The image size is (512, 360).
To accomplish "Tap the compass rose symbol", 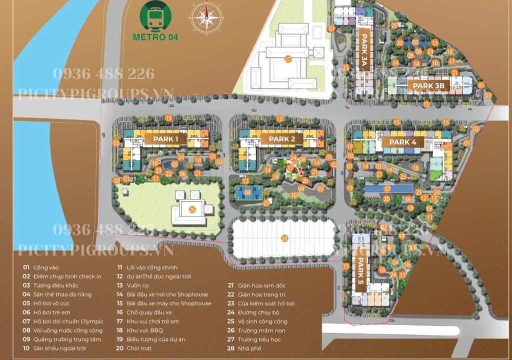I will click(205, 16).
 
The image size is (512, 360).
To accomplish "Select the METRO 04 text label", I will click(155, 36).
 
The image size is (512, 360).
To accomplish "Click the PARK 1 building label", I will click(165, 139).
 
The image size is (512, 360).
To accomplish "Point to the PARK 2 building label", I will click(281, 139).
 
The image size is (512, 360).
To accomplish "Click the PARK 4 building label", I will click(402, 142).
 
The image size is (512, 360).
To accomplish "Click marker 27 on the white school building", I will click(287, 59).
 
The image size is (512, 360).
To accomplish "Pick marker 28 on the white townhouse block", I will click(284, 238).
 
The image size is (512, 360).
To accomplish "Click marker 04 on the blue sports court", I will click(247, 192).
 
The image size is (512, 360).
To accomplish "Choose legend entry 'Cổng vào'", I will click(43, 267).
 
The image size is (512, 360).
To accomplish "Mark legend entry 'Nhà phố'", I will click(249, 348).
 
